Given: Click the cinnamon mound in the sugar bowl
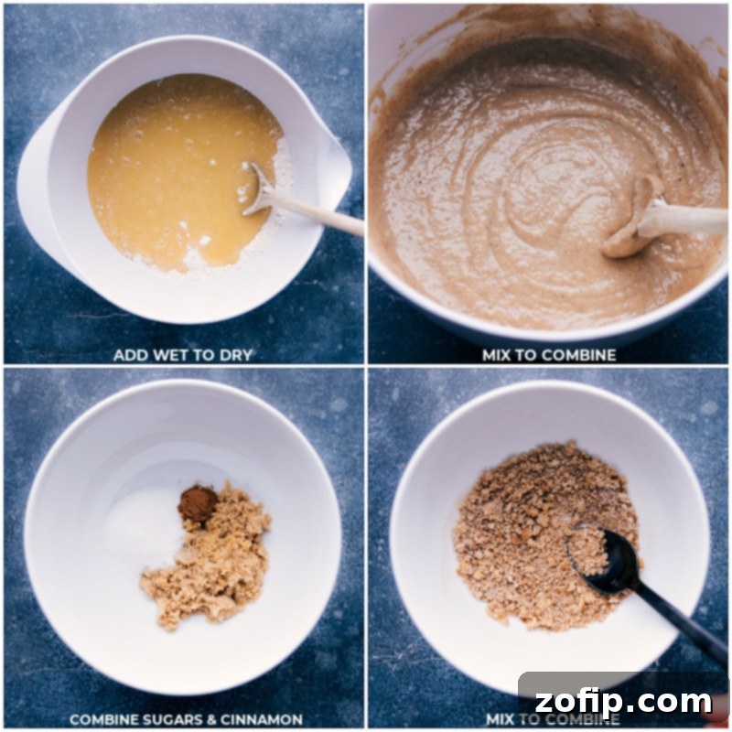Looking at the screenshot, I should [198, 503].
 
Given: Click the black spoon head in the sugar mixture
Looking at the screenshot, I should [596, 556].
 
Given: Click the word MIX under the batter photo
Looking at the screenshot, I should [497, 355].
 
